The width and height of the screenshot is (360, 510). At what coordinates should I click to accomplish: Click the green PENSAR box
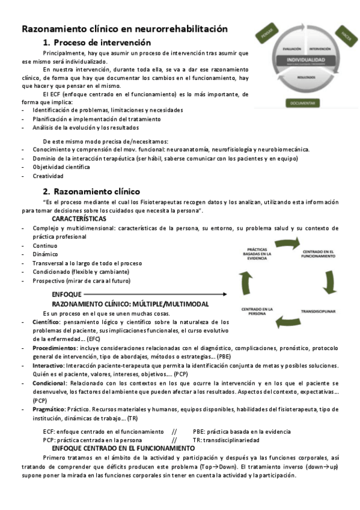[x=266, y=37]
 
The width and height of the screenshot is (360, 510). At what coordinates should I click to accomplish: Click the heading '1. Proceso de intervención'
[x=97, y=42]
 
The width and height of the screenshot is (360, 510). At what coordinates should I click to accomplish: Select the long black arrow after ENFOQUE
[x=155, y=294]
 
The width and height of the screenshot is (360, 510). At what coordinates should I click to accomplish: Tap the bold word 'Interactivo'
[x=49, y=366]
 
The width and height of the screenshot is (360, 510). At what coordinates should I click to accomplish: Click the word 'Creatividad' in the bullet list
[x=48, y=176]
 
